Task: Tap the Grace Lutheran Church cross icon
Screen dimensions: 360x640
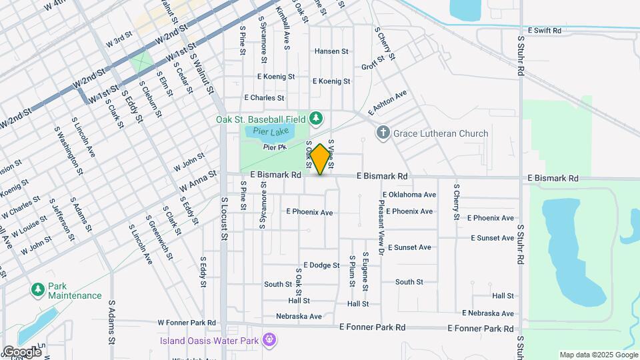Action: [383, 133]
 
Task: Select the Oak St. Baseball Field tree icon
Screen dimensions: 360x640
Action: [317, 119]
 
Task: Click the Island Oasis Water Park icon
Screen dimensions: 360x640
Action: [269, 341]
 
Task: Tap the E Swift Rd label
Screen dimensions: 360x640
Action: [544, 31]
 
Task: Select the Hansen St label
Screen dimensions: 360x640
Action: [331, 51]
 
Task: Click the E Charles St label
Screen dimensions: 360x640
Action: [264, 98]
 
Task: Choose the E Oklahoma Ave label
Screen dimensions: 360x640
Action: [409, 195]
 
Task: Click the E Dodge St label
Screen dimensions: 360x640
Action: [321, 265]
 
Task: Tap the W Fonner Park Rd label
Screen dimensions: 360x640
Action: [187, 323]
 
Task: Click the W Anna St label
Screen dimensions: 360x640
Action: [197, 183]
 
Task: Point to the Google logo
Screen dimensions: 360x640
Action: [22, 351]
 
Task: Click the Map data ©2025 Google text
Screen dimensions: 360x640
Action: [598, 355]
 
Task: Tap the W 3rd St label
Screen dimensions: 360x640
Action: [119, 41]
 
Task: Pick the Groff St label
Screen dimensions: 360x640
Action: [373, 63]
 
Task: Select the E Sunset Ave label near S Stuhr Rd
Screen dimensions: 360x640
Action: [492, 238]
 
